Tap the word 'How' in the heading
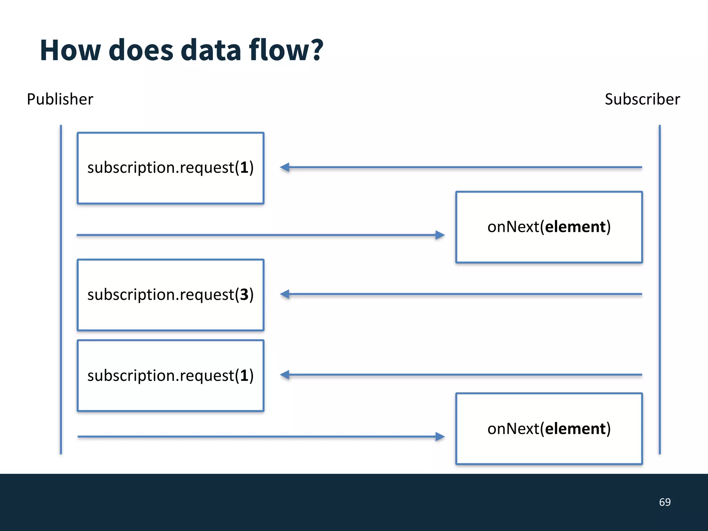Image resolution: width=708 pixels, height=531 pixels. pyautogui.click(x=70, y=50)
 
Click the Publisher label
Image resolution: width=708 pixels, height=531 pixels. pyautogui.click(x=60, y=99)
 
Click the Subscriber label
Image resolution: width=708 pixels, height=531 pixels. pyautogui.click(x=642, y=99)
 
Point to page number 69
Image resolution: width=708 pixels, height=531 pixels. pyautogui.click(x=664, y=502)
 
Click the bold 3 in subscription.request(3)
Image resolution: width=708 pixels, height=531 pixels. pyautogui.click(x=244, y=295)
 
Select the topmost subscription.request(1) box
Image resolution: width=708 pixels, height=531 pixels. pyautogui.click(x=170, y=168)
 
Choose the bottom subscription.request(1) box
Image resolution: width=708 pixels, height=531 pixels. pyautogui.click(x=170, y=376)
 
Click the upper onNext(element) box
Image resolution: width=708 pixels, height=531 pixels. pyautogui.click(x=549, y=227)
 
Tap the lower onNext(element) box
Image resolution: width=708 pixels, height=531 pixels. pyautogui.click(x=549, y=429)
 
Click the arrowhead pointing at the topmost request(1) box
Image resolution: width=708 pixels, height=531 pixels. pyautogui.click(x=285, y=167)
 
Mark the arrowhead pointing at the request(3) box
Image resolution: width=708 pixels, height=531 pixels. pyautogui.click(x=285, y=294)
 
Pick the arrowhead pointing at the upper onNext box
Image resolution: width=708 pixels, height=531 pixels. pyautogui.click(x=440, y=235)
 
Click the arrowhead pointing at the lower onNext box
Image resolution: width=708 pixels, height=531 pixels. pyautogui.click(x=440, y=437)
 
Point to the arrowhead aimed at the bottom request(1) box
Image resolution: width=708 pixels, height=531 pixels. pyautogui.click(x=285, y=375)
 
